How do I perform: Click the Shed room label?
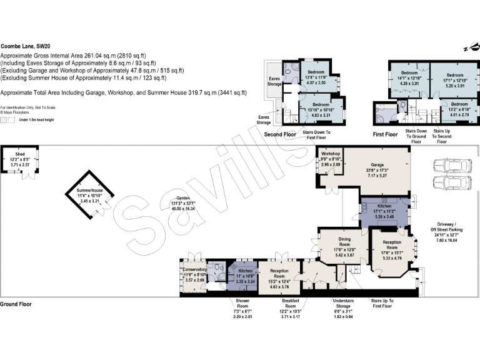click(x=20, y=156)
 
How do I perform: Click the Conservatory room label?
click(x=193, y=276)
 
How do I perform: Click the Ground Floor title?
click(x=16, y=304)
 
